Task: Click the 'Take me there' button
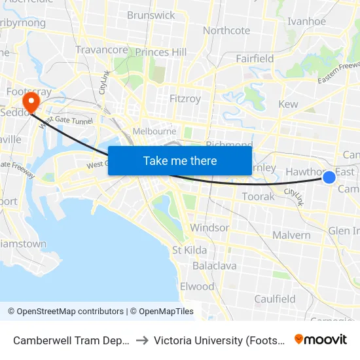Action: [x=180, y=160]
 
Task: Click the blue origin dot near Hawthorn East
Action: [x=329, y=177]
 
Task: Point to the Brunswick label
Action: [x=151, y=15]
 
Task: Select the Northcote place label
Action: [x=226, y=30]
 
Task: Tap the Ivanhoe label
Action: [x=306, y=21]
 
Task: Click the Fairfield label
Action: [x=255, y=58]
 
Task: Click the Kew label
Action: [x=288, y=104]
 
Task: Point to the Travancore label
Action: [x=101, y=50]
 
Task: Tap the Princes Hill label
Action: [x=161, y=52]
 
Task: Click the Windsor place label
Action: [x=209, y=228]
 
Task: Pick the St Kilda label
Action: [x=190, y=250]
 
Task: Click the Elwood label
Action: [x=197, y=286]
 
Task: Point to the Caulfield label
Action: [x=275, y=298]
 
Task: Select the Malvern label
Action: [x=291, y=235]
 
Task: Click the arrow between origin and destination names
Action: [x=141, y=340]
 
